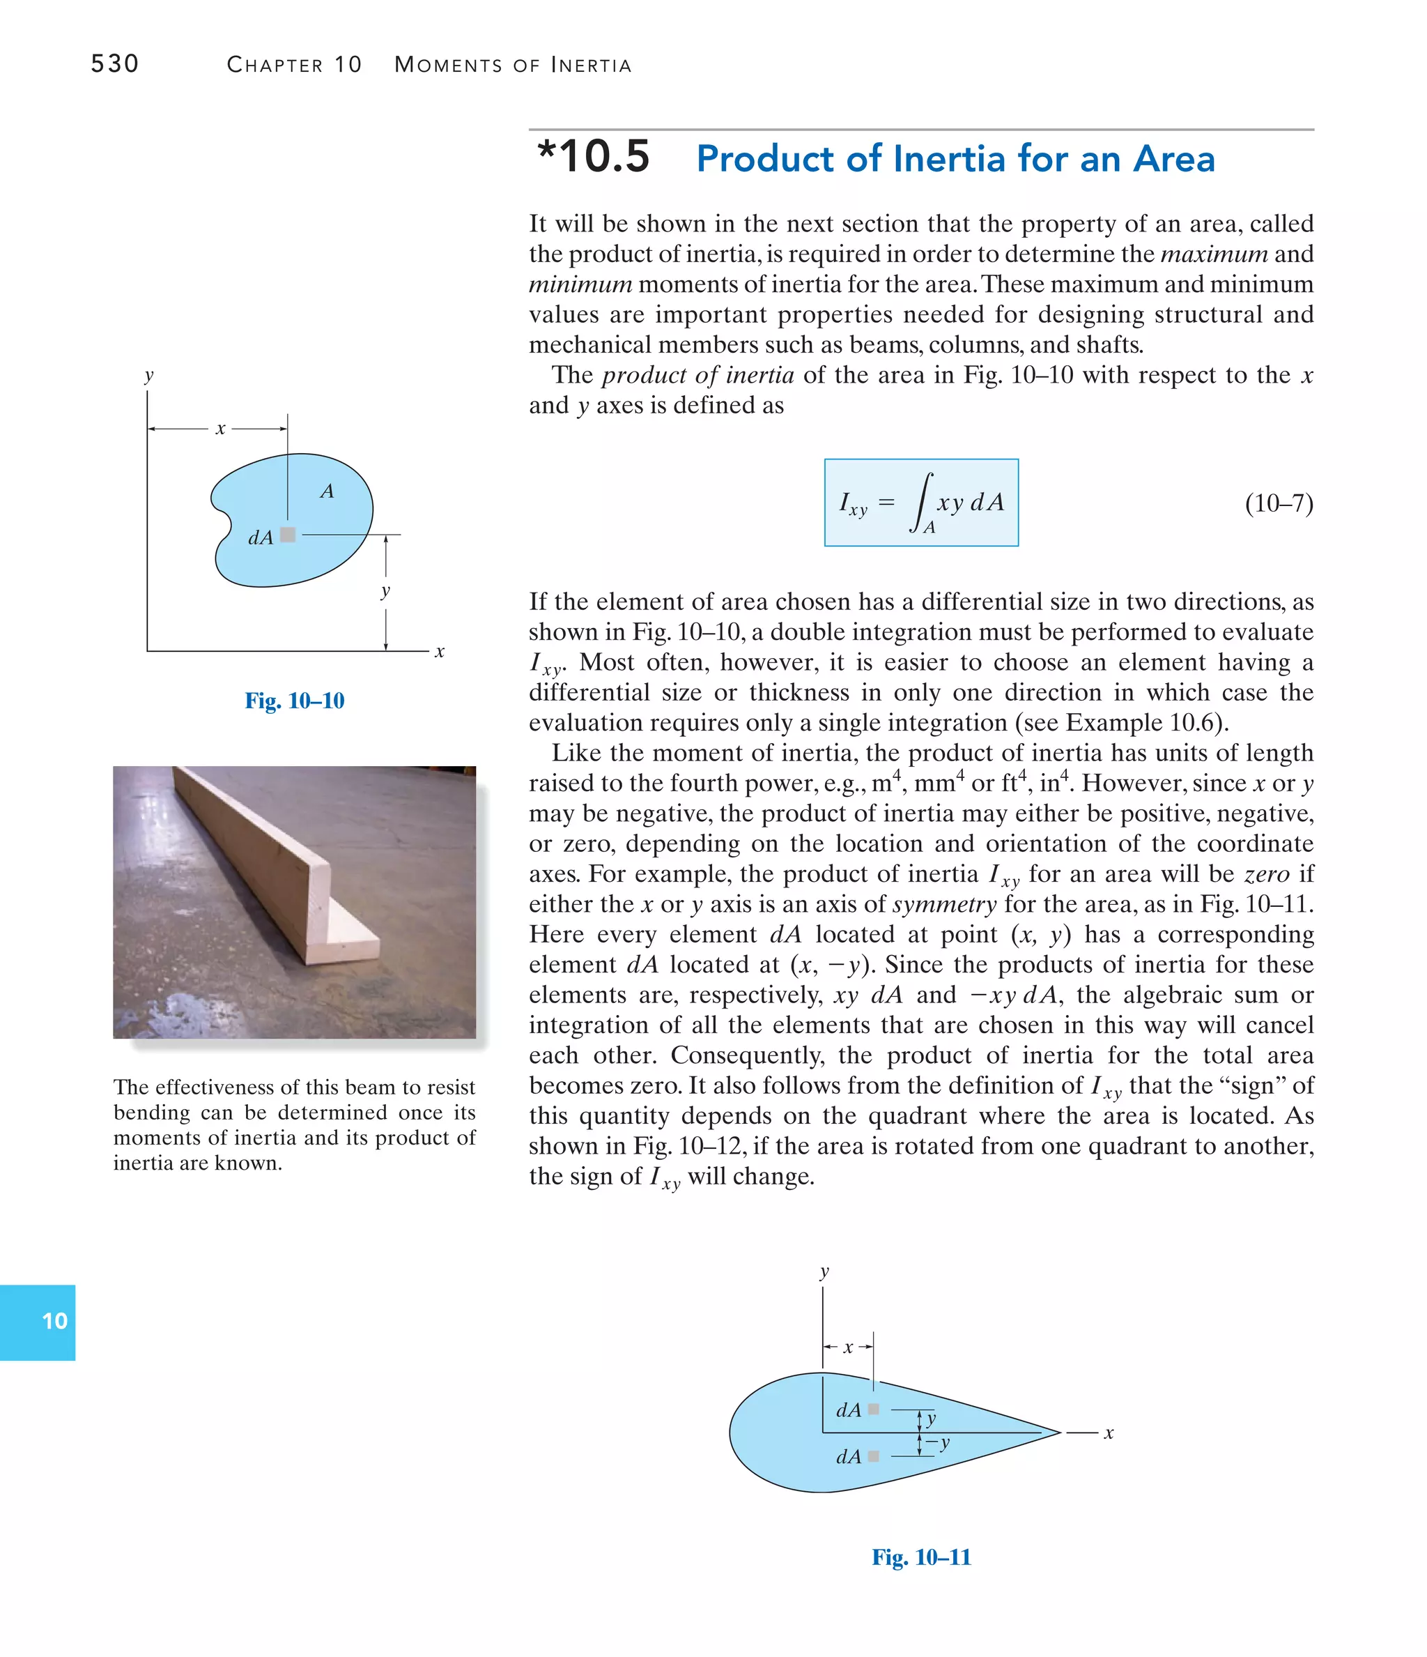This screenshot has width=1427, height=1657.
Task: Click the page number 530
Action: tap(114, 63)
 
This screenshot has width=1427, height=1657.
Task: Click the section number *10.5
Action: tap(593, 157)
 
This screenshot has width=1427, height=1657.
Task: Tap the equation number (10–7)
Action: tap(1279, 503)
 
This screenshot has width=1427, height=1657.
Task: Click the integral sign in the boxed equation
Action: tap(923, 501)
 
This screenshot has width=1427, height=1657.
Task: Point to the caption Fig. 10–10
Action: tap(294, 701)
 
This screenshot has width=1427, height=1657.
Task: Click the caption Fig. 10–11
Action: tap(921, 1557)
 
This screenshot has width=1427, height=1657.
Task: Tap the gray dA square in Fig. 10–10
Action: tap(288, 535)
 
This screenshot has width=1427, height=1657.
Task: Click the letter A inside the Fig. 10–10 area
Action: tap(327, 491)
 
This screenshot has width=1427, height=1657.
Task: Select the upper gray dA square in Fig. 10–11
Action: tap(873, 1409)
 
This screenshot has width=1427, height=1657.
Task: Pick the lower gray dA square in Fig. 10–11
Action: tap(873, 1456)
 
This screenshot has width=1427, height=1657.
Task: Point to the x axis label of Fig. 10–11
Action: tap(1109, 1433)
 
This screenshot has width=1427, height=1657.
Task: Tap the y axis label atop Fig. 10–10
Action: tap(148, 375)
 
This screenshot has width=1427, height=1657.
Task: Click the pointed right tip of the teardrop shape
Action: tap(1058, 1433)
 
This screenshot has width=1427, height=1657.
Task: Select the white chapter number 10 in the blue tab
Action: tap(54, 1321)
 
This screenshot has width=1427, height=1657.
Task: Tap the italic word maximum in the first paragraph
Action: tap(1214, 254)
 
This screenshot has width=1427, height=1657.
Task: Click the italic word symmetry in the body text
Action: tap(944, 904)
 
